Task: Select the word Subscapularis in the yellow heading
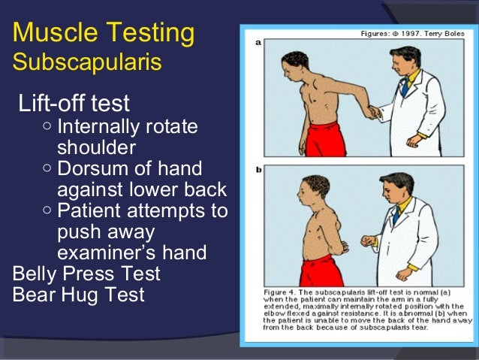(87, 62)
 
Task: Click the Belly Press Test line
(86, 273)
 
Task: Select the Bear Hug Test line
(79, 295)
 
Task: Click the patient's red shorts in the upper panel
(325, 139)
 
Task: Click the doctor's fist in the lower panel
(366, 241)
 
